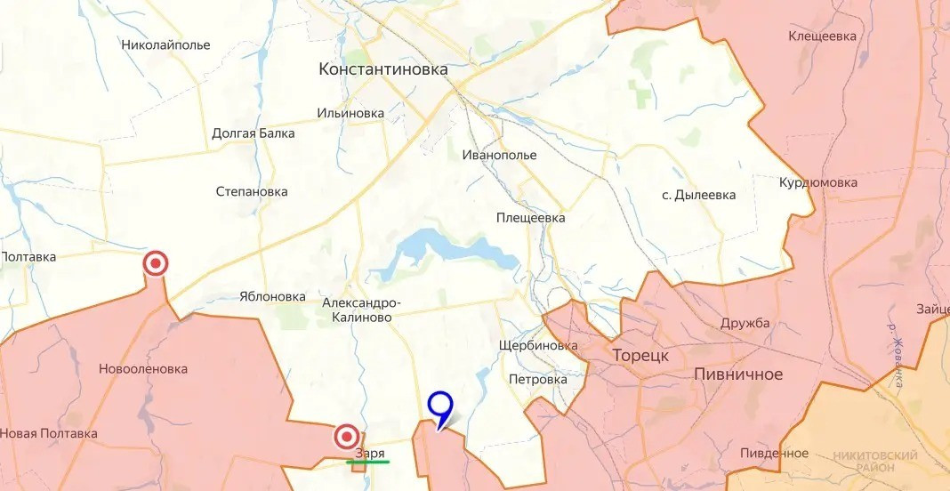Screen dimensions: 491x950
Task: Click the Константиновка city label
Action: point(383,69)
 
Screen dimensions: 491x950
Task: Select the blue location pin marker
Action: point(440,407)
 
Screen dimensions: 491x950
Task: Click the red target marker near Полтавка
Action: point(157,263)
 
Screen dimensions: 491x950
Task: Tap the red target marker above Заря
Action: point(347,437)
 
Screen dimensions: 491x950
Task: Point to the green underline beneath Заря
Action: point(367,462)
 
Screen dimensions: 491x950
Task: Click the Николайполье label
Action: point(165,44)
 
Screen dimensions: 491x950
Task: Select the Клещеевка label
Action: point(822,36)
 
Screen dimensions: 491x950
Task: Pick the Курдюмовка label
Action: point(817,182)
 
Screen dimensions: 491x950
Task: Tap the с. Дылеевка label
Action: point(698,195)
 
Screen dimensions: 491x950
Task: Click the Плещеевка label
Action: point(530,217)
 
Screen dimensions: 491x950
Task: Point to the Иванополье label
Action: point(499,155)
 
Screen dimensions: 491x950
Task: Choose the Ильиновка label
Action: point(350,113)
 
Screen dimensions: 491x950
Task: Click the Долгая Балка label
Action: point(254,133)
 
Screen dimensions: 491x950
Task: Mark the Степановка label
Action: point(252,191)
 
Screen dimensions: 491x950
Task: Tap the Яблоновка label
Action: point(272,296)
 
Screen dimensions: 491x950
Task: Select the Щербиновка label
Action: point(538,345)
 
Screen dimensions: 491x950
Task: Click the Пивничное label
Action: point(737,374)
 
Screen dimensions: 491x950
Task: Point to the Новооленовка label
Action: point(143,368)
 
